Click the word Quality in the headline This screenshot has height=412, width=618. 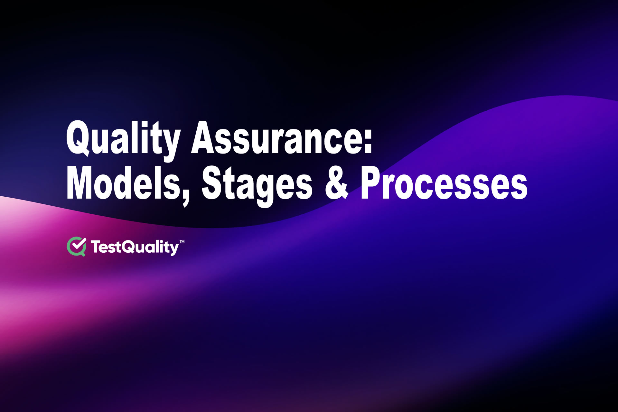122,138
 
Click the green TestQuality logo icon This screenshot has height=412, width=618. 76,247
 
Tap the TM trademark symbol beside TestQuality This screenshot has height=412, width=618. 182,241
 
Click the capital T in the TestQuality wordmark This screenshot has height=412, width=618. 97,247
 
